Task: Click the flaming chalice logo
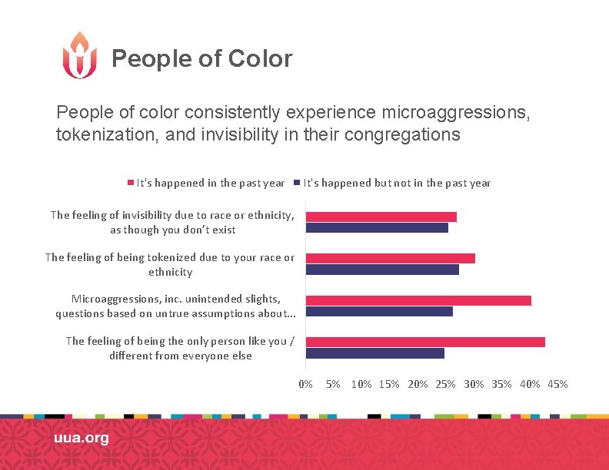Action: (79, 55)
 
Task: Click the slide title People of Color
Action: (201, 58)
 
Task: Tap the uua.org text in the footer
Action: (81, 438)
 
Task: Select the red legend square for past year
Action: (130, 183)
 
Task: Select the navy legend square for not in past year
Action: (297, 183)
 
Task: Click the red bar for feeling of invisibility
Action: (381, 217)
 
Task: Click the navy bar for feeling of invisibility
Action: (377, 228)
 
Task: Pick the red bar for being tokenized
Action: (390, 258)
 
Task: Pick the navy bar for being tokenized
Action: (382, 270)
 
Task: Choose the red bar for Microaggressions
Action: (418, 300)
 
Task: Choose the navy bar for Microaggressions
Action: (379, 311)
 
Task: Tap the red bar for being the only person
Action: (425, 342)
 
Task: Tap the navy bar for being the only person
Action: (374, 353)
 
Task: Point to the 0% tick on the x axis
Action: (305, 384)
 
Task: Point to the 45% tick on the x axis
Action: (557, 384)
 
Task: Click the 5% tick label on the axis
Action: (333, 384)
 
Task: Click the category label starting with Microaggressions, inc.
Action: (175, 306)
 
